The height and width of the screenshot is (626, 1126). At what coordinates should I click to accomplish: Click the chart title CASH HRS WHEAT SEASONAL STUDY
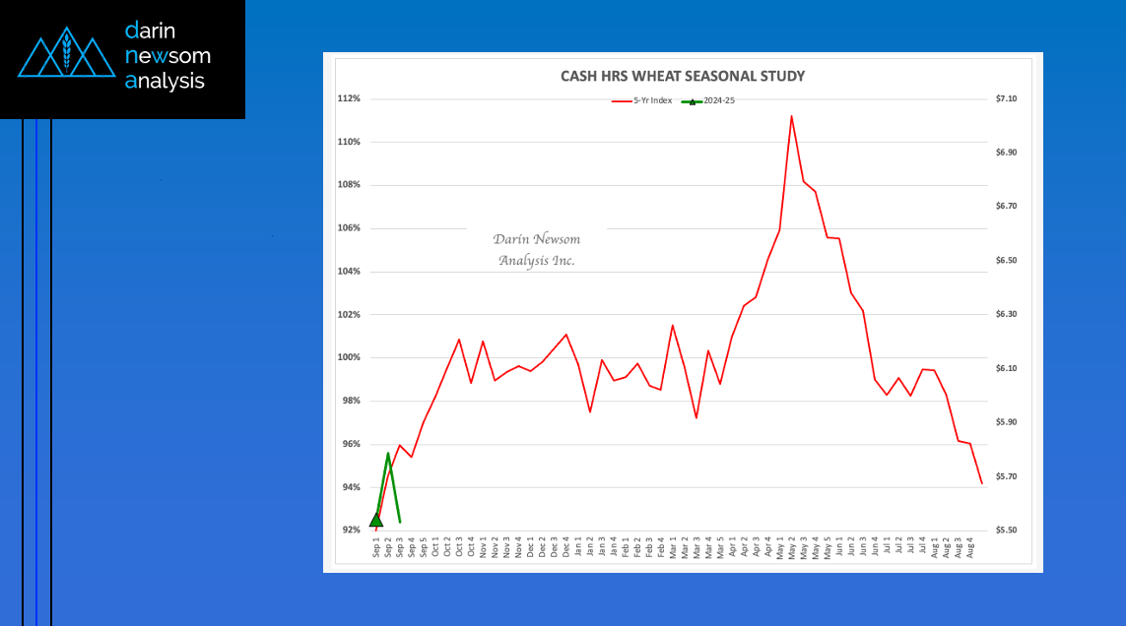coord(683,76)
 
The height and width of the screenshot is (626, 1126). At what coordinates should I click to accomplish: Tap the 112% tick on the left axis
coord(350,98)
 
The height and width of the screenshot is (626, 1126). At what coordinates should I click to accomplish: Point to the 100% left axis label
coord(350,358)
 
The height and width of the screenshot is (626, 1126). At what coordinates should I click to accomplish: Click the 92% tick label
coord(352,531)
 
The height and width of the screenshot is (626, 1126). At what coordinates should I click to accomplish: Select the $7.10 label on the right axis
coord(1006,98)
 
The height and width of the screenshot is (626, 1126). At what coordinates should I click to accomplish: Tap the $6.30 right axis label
coord(1006,315)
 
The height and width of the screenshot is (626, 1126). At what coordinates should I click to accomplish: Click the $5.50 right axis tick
coord(1006,531)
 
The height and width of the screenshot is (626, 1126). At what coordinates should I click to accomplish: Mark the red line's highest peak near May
coord(791,116)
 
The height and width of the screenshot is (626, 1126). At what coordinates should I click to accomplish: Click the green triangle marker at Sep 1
coord(376,520)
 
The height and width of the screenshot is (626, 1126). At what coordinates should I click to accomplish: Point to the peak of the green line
coord(388,454)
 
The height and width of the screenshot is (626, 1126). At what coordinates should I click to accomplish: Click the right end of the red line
coord(981,482)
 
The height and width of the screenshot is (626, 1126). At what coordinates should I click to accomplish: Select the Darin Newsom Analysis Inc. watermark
coord(537,250)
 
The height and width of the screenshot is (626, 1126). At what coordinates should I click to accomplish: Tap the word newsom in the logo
coord(167,56)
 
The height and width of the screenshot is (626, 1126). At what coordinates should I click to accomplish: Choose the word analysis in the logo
coord(165,82)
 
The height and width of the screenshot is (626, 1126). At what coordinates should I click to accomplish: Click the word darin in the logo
coord(150,31)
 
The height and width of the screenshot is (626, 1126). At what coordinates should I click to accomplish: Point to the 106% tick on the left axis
coord(350,228)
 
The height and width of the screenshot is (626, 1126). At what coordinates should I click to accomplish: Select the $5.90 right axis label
coord(1006,422)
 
